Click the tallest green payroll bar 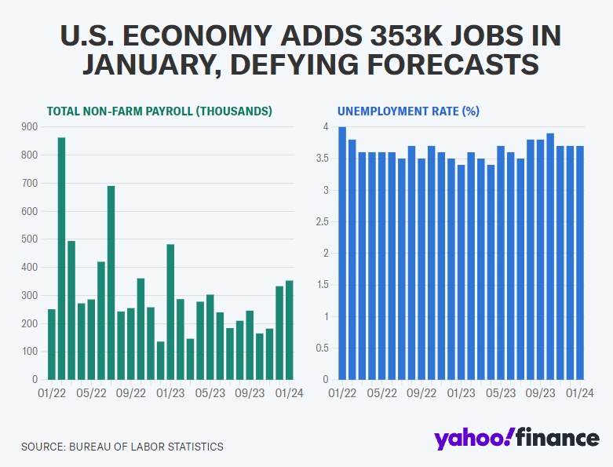61,258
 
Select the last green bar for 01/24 289,330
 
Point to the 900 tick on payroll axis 28,126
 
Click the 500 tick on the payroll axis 28,239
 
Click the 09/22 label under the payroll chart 131,394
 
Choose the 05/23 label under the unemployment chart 501,394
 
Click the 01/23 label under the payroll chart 170,394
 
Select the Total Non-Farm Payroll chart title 159,111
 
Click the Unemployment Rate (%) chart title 408,111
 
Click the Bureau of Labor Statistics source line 122,447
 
